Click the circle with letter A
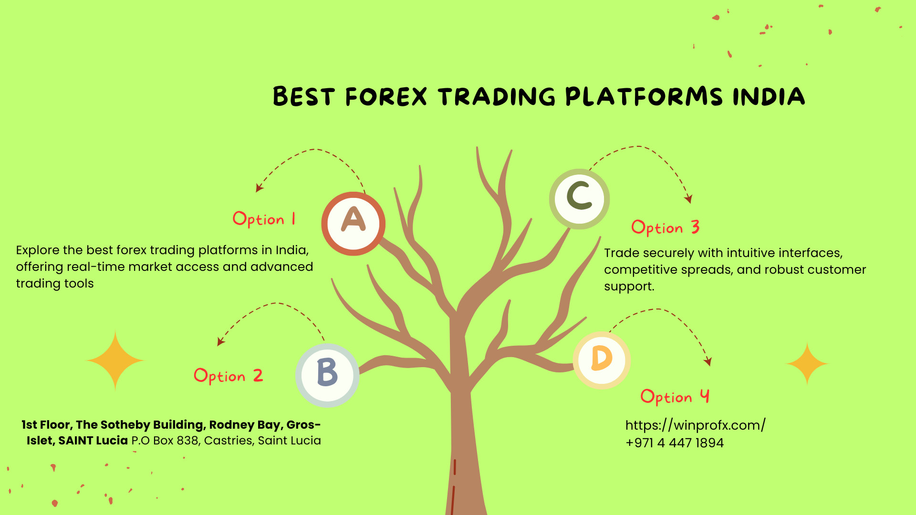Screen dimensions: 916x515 pos(353,224)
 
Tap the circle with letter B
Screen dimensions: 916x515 pos(327,375)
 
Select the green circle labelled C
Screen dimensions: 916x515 pos(579,199)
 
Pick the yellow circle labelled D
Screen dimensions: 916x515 pos(602,360)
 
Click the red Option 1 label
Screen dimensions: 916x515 pos(264,219)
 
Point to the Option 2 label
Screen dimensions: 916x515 pos(228,376)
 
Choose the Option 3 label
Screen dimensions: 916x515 pos(666,227)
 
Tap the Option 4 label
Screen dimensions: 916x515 pos(675,397)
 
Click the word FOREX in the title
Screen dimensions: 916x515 pos(386,97)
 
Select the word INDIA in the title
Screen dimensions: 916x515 pos(769,97)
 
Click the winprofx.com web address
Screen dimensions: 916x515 pos(695,425)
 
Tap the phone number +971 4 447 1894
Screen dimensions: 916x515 pos(675,443)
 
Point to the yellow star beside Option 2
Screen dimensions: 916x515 pos(115,360)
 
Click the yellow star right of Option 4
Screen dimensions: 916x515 pos(807,364)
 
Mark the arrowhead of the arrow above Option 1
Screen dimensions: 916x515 pos(259,188)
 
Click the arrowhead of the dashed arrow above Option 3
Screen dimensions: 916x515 pos(688,199)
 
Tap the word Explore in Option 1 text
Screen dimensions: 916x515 pos(38,250)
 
